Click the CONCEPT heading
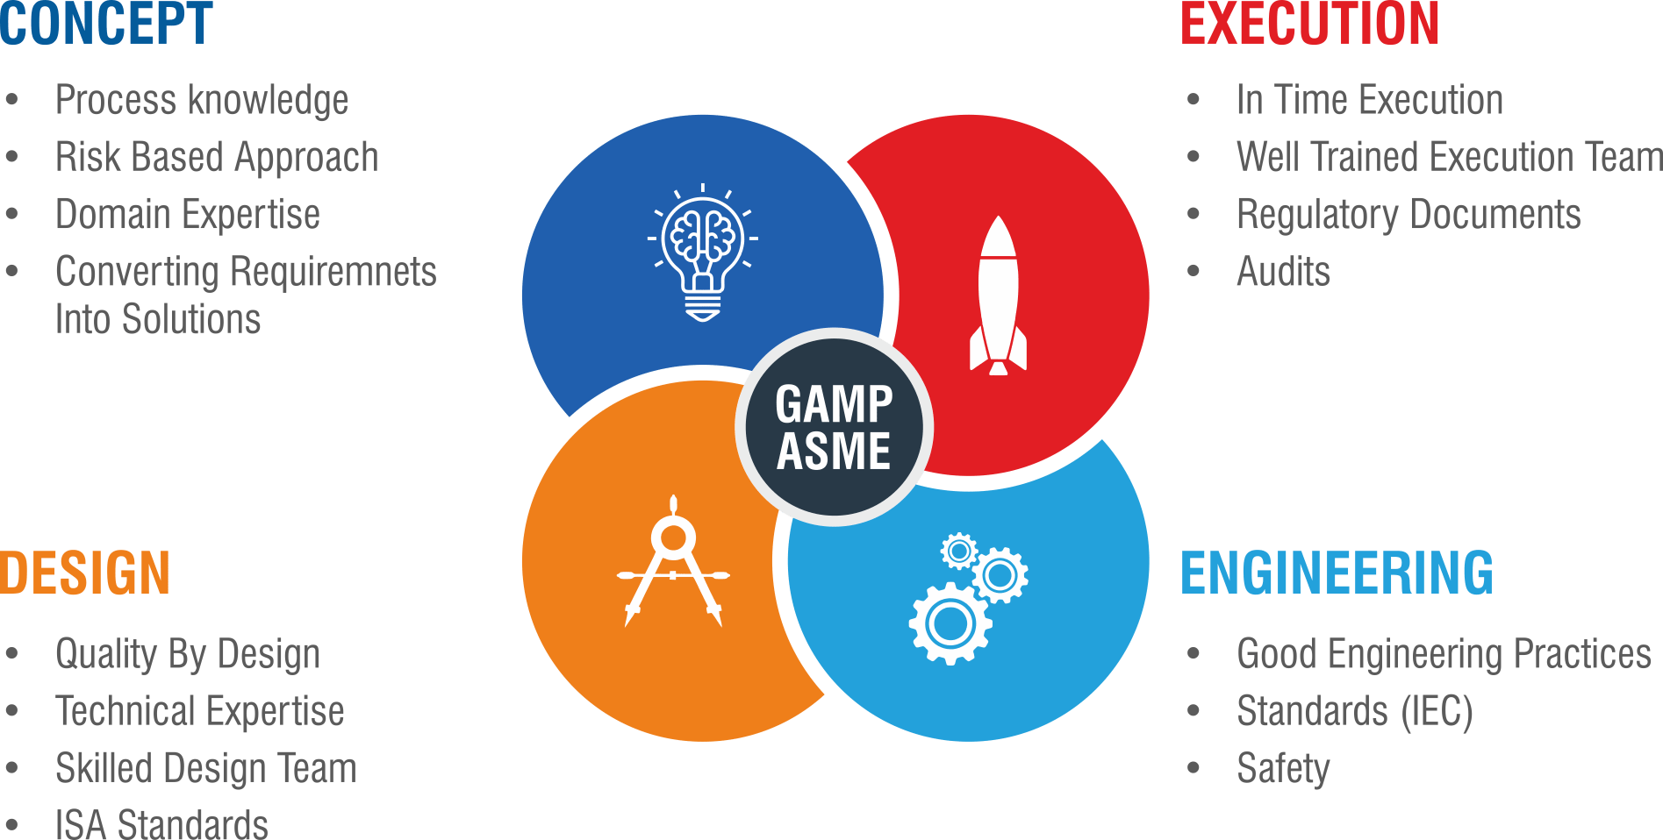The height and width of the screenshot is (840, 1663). click(106, 24)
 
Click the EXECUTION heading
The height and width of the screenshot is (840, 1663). click(1309, 24)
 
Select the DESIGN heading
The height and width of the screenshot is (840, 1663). click(85, 573)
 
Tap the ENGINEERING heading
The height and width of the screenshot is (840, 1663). click(1337, 573)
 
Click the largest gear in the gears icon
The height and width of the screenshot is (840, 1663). click(950, 623)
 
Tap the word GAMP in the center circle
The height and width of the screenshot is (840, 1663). click(834, 404)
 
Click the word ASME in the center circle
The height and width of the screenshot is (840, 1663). click(834, 452)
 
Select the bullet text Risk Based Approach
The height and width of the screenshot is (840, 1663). click(217, 158)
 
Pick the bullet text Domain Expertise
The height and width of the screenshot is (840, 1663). click(188, 215)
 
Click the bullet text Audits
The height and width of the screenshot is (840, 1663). click(1283, 272)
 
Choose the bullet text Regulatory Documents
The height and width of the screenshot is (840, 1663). click(1408, 215)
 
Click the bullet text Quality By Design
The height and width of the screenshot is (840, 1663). click(188, 654)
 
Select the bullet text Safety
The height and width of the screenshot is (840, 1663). click(1282, 769)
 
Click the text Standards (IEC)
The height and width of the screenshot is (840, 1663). click(1354, 711)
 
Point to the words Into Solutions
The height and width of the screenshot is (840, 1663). click(158, 319)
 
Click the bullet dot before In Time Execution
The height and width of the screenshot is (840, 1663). click(1193, 100)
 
